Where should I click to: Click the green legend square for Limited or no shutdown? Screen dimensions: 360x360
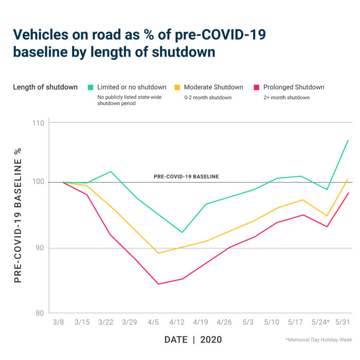pos(90,87)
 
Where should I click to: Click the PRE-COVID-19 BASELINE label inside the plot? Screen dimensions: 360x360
pos(186,176)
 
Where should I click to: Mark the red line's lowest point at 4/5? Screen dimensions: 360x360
pos(158,284)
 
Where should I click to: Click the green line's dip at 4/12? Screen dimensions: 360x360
pos(182,232)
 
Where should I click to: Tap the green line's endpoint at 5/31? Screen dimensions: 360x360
pos(348,140)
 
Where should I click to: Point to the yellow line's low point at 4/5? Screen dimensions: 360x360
pos(158,253)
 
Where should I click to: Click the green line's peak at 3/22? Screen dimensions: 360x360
pos(111,171)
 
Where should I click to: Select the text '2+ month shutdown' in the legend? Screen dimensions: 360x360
pos(286,98)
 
